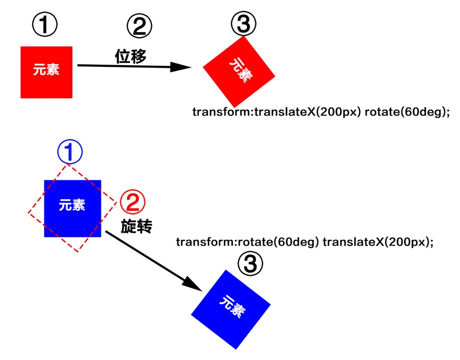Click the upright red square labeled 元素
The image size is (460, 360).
pos(46,72)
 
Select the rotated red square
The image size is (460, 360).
pos(239,71)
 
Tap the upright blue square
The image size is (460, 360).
pos(73,209)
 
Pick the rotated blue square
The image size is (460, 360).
pos(231,309)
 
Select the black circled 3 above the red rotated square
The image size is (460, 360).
pos(243,23)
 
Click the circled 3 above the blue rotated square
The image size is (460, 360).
pos(250,264)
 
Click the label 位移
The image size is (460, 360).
pos(131,56)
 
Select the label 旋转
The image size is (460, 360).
pos(136,226)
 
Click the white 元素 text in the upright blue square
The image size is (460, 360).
pos(72,205)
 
